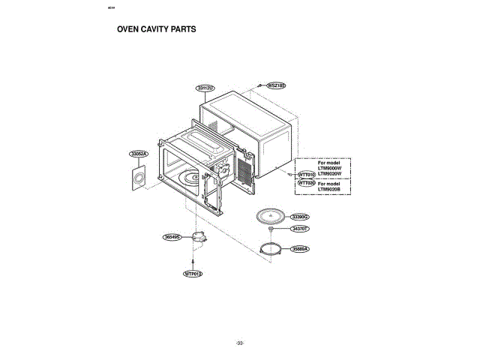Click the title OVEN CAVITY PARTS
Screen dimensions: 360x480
[156, 30]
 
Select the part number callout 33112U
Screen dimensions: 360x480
[205, 88]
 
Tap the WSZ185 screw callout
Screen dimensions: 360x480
[277, 86]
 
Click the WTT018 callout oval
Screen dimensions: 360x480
[307, 173]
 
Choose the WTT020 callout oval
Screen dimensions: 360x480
[307, 182]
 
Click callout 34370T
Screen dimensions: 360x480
[301, 228]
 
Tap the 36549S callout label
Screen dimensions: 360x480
[172, 237]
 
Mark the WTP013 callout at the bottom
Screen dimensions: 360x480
[193, 274]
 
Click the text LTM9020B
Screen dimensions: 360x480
[329, 189]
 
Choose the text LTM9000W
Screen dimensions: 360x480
[329, 167]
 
